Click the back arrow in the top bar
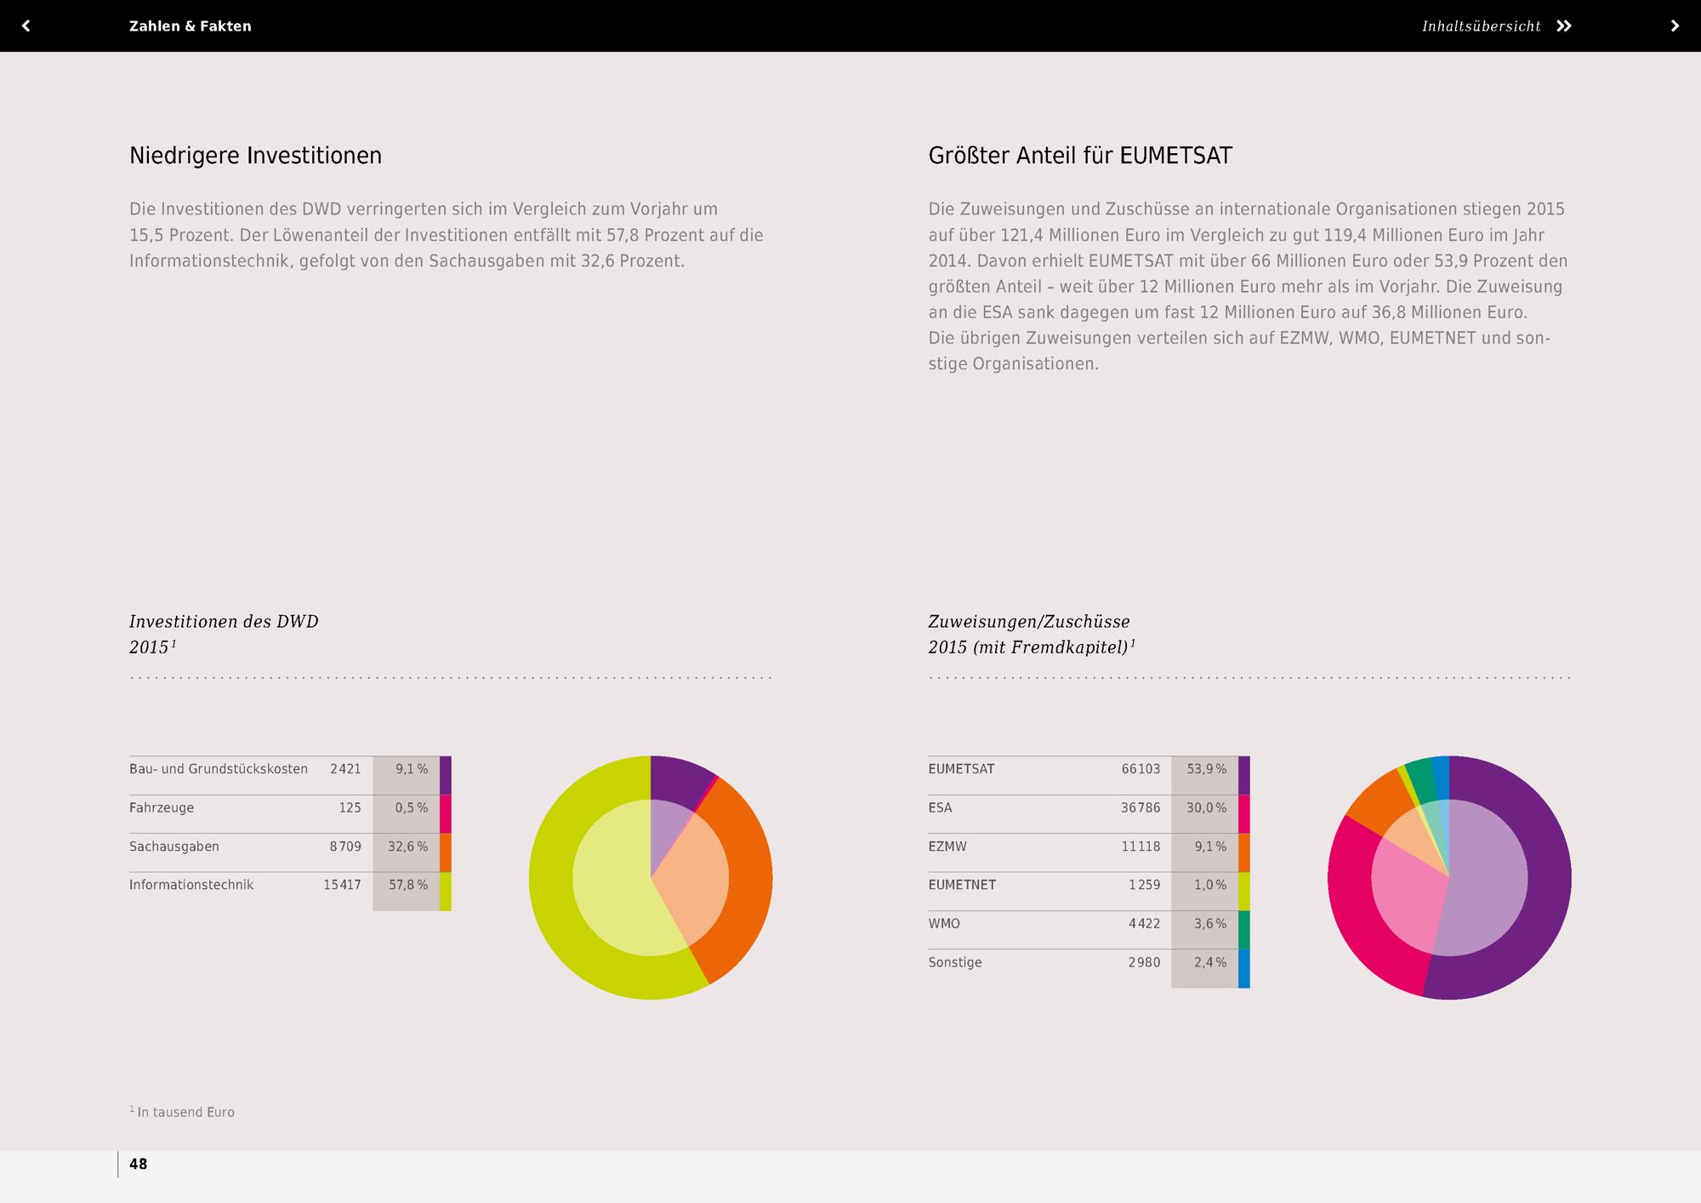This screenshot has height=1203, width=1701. click(x=26, y=26)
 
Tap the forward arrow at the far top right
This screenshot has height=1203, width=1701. click(x=1675, y=26)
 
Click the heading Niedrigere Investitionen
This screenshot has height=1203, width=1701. click(x=255, y=156)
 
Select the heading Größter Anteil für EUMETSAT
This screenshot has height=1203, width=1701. click(x=1079, y=156)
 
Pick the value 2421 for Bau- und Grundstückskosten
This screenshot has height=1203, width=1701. click(x=345, y=769)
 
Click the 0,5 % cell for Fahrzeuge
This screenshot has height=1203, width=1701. click(x=411, y=807)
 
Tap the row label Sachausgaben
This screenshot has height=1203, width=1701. click(x=174, y=847)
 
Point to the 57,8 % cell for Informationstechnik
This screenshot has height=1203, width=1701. click(x=408, y=885)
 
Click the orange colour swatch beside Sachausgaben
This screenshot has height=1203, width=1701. click(x=446, y=852)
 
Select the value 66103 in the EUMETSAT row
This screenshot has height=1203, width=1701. click(x=1141, y=769)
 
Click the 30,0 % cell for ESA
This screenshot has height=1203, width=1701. click(x=1206, y=807)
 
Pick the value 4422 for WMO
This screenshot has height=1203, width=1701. click(x=1144, y=924)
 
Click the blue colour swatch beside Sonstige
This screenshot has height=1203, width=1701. click(x=1244, y=968)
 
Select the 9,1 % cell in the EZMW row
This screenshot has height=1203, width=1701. click(x=1209, y=847)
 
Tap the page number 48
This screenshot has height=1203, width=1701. click(x=138, y=1164)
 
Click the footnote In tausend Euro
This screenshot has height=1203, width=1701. click(x=185, y=1112)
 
